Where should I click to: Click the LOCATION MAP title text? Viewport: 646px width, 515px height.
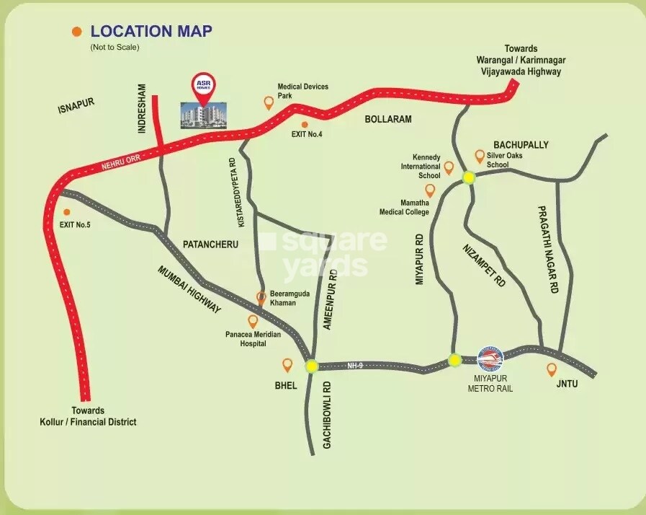tap(151, 32)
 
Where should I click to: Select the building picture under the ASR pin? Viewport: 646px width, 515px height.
tap(202, 115)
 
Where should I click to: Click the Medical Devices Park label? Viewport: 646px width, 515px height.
tap(303, 91)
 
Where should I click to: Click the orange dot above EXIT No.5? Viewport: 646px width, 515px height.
tap(67, 212)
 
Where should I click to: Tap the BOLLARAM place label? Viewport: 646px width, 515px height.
tap(388, 119)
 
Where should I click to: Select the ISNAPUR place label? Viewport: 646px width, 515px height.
tap(77, 108)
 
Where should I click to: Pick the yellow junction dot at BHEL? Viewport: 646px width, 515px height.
tap(311, 366)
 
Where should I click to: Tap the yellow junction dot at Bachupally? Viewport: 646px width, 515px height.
tap(469, 177)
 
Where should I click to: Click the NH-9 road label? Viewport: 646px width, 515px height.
tap(355, 366)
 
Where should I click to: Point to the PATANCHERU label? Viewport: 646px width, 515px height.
tap(210, 245)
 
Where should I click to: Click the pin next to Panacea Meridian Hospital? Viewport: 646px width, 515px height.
tap(253, 322)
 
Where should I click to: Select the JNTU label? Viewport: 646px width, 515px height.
tap(566, 384)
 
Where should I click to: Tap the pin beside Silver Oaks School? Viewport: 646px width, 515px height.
tap(480, 156)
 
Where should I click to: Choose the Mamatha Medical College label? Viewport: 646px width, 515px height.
tap(405, 208)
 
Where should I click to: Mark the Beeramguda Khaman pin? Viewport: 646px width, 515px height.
tap(263, 296)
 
